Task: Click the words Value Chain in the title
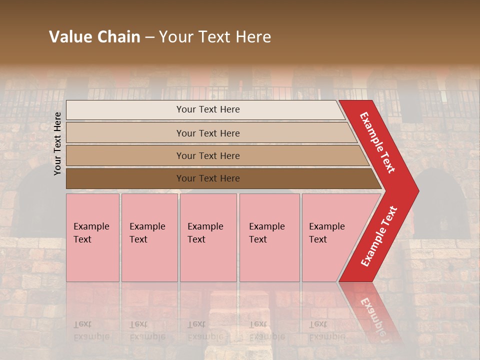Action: (94, 37)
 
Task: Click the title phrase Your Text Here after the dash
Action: (215, 37)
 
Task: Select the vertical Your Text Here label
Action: (57, 143)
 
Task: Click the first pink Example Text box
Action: (92, 237)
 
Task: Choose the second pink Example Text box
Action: (149, 237)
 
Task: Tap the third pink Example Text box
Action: (208, 237)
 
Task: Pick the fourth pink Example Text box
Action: (269, 237)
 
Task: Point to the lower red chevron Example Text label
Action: (379, 236)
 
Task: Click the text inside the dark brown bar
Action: (208, 178)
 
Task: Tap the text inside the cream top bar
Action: (208, 109)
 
